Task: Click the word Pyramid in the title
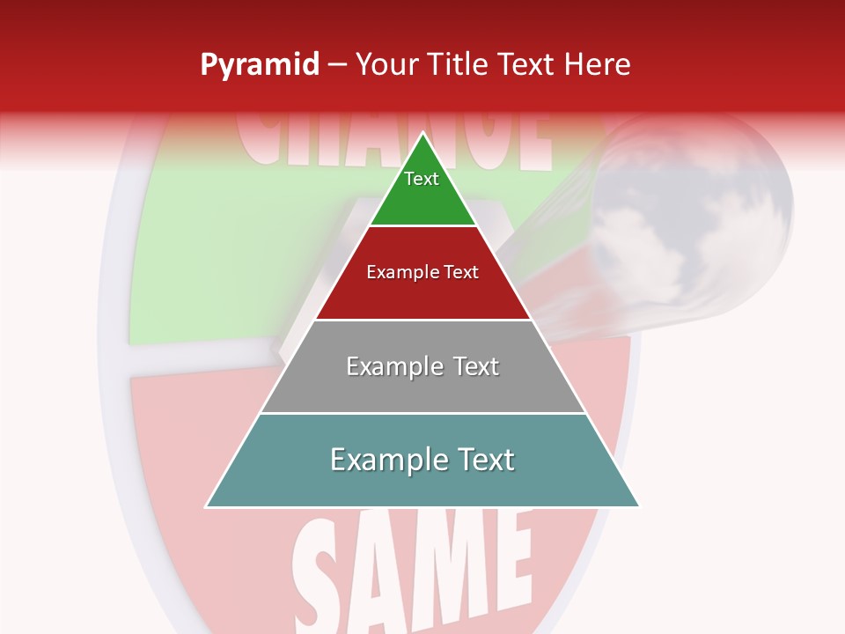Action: click(259, 65)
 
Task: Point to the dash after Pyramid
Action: click(337, 65)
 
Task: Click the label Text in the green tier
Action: click(422, 179)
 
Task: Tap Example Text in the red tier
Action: click(422, 272)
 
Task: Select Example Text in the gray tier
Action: click(422, 366)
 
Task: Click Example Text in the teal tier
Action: click(422, 460)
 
